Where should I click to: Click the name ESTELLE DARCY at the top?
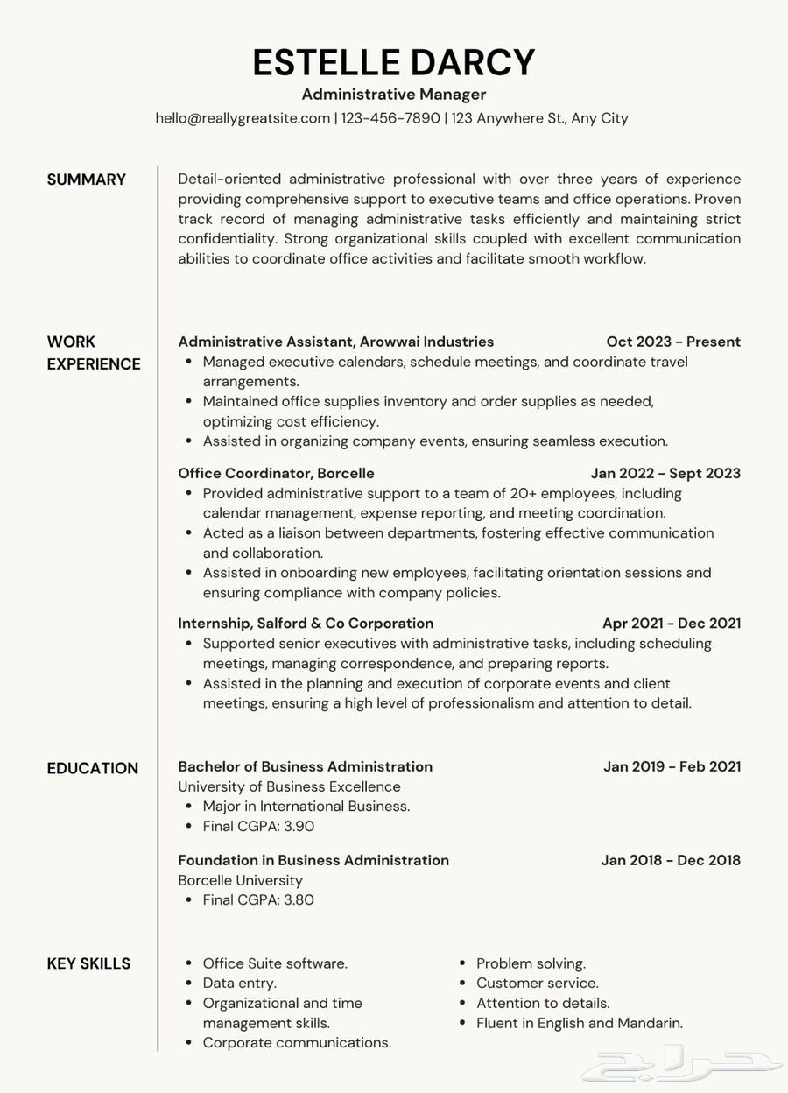pyautogui.click(x=394, y=63)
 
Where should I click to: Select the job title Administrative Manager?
pyautogui.click(x=394, y=95)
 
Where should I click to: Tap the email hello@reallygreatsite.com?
pyautogui.click(x=243, y=118)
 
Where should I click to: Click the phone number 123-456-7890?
pyautogui.click(x=390, y=118)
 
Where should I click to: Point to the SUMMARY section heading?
pyautogui.click(x=87, y=180)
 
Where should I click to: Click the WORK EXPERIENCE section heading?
pyautogui.click(x=94, y=353)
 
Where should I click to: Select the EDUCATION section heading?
pyautogui.click(x=93, y=769)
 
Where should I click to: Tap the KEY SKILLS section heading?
pyautogui.click(x=88, y=964)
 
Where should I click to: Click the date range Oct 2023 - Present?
pyautogui.click(x=673, y=342)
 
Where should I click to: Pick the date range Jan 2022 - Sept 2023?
pyautogui.click(x=665, y=474)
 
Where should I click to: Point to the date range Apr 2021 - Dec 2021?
pyautogui.click(x=672, y=624)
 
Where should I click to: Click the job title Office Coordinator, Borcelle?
pyautogui.click(x=276, y=474)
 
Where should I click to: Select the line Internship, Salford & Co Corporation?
pyautogui.click(x=306, y=624)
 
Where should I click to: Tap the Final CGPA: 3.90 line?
pyautogui.click(x=258, y=827)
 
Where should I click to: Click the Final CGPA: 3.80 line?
pyautogui.click(x=258, y=900)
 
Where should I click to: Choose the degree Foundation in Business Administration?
pyautogui.click(x=313, y=861)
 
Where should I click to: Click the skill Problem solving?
pyautogui.click(x=531, y=964)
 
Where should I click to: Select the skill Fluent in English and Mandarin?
pyautogui.click(x=579, y=1024)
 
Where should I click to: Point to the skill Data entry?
pyautogui.click(x=239, y=984)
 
